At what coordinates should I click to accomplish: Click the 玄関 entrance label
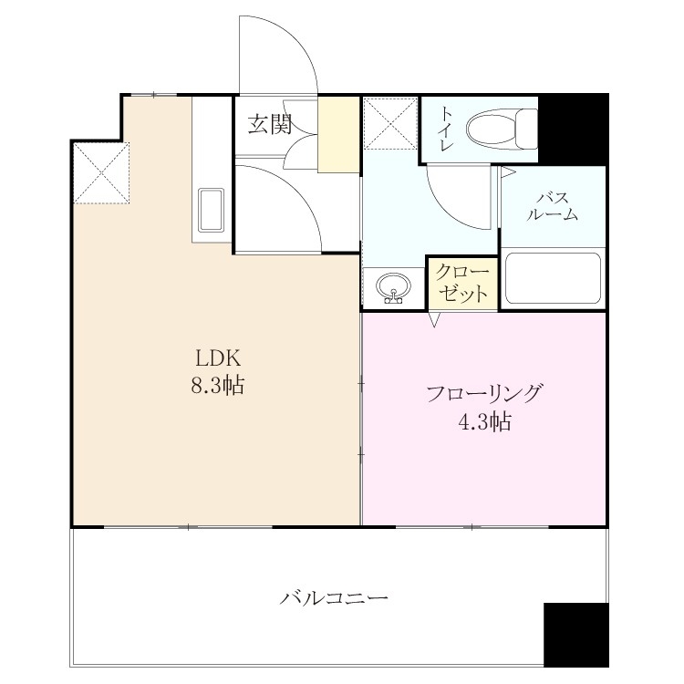tap(270, 124)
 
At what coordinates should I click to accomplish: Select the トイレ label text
tap(446, 130)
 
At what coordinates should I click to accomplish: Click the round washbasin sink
tap(394, 288)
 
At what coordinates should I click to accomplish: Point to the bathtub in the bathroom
tap(553, 278)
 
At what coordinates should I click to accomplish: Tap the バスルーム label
tap(553, 207)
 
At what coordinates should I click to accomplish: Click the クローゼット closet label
tap(462, 283)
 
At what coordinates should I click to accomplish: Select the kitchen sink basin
tap(212, 211)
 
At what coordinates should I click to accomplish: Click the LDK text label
tap(218, 358)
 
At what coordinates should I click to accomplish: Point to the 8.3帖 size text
tap(218, 386)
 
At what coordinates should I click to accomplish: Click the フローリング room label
tap(484, 393)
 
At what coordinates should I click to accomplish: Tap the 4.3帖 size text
tap(484, 422)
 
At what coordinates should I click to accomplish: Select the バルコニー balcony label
tap(334, 597)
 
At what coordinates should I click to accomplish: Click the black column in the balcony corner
tap(575, 635)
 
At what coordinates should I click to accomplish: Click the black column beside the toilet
tap(574, 130)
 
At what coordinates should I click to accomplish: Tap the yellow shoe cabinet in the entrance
tap(338, 135)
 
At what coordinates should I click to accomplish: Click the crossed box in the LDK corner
tap(101, 172)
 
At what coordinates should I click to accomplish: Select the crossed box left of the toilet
tap(390, 123)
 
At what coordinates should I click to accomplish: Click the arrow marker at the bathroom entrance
tap(507, 171)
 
